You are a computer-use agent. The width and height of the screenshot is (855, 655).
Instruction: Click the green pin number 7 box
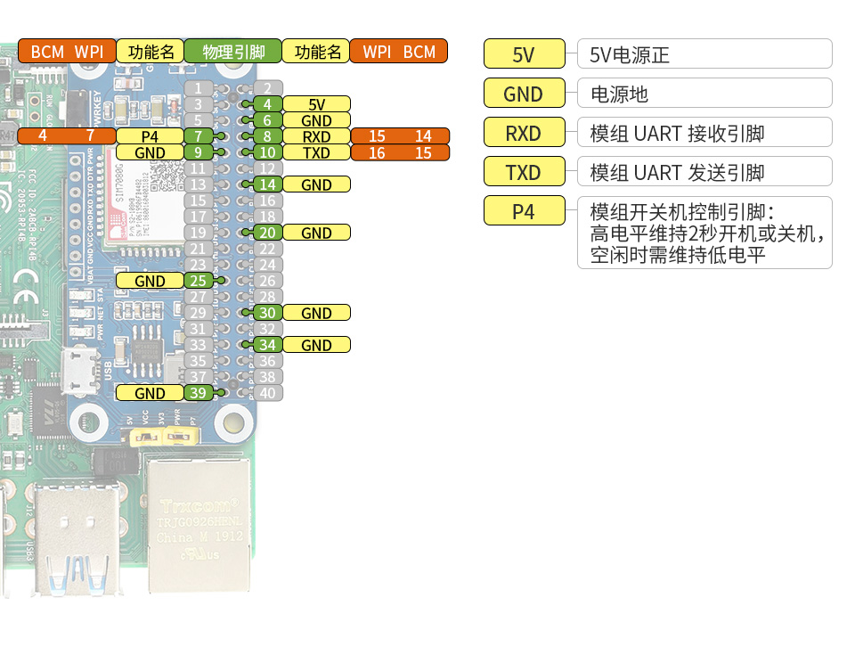point(199,136)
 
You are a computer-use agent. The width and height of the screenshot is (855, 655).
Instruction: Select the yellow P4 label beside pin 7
point(150,136)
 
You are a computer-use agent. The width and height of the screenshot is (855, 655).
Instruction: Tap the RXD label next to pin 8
point(316,136)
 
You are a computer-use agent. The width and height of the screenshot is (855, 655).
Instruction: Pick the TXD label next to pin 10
point(316,152)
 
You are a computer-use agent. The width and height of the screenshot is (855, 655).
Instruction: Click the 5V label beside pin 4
point(316,104)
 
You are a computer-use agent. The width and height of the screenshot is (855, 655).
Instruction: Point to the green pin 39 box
point(199,393)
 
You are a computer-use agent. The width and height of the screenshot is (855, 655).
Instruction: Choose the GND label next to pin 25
point(150,281)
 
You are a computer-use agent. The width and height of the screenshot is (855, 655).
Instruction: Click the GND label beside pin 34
point(316,345)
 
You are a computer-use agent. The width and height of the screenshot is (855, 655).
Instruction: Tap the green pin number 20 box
point(267,233)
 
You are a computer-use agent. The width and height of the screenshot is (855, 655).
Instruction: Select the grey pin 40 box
point(267,393)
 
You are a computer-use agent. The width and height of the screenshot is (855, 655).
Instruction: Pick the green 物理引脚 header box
point(233,52)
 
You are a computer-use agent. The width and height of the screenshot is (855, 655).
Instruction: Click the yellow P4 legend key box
point(524,211)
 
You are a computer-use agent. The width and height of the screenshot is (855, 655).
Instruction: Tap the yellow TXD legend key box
point(524,171)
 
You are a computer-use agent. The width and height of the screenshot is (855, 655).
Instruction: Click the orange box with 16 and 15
point(400,152)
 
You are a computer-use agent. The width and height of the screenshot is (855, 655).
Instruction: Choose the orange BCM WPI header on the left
point(67,52)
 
